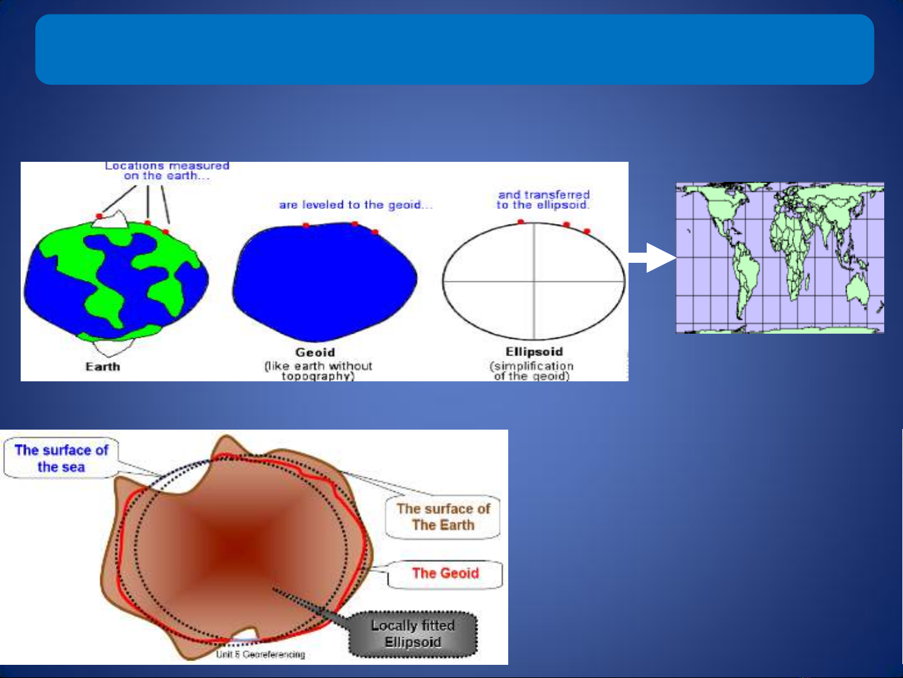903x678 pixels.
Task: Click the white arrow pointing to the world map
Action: click(652, 258)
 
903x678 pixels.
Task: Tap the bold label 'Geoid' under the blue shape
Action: click(315, 352)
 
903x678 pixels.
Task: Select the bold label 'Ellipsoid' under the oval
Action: click(534, 352)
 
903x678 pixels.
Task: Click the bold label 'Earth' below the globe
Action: click(103, 366)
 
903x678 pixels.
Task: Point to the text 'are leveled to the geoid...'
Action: click(356, 204)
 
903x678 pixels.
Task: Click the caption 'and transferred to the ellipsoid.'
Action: click(543, 199)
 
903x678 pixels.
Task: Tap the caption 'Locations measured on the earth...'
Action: click(167, 171)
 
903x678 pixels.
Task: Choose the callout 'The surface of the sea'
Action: click(61, 458)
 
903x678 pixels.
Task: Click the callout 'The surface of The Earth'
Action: click(443, 517)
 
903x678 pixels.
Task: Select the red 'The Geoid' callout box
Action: click(445, 574)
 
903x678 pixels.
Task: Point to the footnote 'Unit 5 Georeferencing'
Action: click(261, 654)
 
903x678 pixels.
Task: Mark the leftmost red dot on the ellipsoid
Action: click(520, 222)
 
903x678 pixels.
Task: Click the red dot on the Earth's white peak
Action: click(99, 216)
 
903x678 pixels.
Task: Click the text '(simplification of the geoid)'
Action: click(531, 371)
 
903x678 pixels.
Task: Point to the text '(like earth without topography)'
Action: click(318, 371)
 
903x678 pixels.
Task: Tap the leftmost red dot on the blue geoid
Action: click(306, 225)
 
